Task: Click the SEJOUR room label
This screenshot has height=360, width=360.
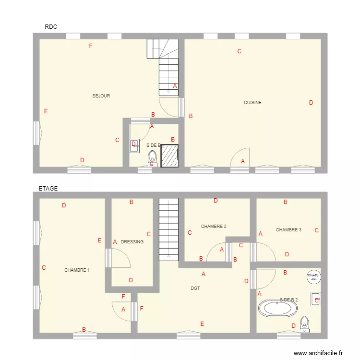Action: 101,96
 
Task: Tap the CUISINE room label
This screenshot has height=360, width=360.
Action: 252,103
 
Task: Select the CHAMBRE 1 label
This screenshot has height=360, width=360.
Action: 77,270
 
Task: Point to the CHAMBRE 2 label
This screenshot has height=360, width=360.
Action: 214,227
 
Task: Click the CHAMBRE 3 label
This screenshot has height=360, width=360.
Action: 288,230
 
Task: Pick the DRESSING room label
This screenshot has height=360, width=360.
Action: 132,242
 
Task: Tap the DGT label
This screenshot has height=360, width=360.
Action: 195,288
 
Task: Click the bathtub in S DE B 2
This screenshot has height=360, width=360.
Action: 277,308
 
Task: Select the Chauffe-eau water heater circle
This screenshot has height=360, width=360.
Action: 314,276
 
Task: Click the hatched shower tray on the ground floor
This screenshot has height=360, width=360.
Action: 169,156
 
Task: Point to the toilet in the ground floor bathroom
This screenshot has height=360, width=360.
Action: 152,157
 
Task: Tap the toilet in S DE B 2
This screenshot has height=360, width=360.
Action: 304,324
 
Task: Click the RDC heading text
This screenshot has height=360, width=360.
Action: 51,27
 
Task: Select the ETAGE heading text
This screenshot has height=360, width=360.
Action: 48,189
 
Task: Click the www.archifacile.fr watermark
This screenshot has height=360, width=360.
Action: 319,353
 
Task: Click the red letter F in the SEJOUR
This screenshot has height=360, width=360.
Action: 90,46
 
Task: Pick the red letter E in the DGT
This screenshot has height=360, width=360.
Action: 202,324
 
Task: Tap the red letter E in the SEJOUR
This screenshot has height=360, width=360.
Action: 46,111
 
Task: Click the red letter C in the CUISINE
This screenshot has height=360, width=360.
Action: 239,51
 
